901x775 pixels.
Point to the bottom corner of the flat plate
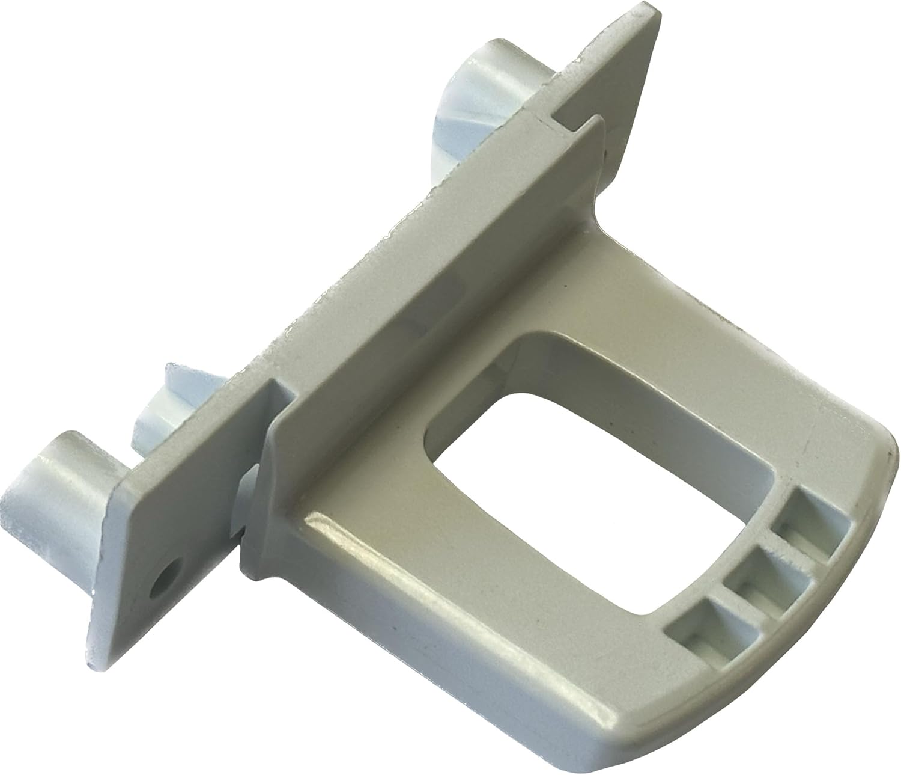(x=96, y=655)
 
